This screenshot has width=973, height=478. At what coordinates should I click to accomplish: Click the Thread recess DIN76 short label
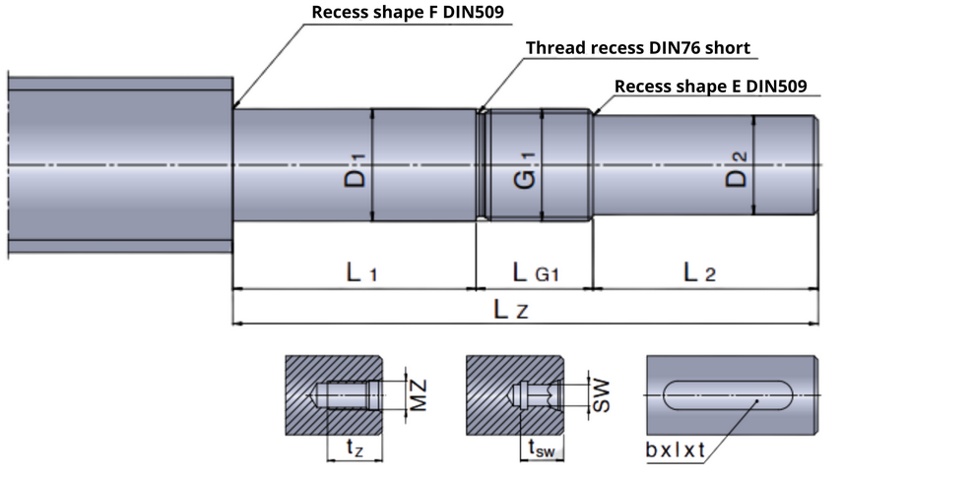(x=637, y=48)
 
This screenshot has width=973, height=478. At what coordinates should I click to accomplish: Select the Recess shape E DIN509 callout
(x=710, y=87)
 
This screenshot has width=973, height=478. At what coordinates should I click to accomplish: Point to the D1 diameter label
(x=357, y=166)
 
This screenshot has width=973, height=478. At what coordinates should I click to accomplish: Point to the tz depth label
(x=355, y=448)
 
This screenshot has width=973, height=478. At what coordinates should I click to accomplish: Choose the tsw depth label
(x=543, y=448)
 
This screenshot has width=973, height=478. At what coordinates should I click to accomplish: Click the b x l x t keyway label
(x=676, y=450)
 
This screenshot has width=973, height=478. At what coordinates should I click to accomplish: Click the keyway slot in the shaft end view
(x=729, y=395)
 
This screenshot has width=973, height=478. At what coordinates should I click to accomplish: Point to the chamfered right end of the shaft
(x=816, y=165)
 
